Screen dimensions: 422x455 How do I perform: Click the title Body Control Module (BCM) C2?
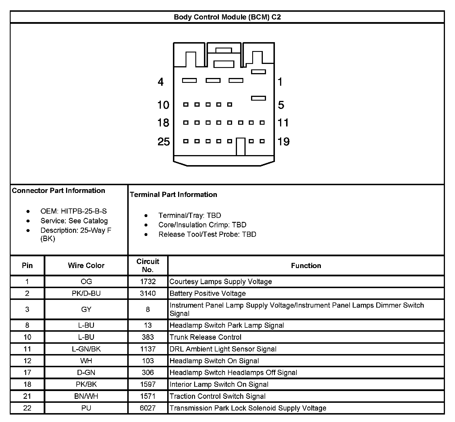[227, 17]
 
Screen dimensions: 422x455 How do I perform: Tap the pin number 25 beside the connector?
[164, 142]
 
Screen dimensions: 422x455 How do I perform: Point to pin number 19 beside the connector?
[284, 142]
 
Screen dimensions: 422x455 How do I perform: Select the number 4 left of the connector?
[161, 82]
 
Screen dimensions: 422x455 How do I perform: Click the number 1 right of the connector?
[280, 82]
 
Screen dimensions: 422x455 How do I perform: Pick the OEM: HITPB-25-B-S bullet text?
[74, 211]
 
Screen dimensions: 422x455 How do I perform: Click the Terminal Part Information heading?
[173, 195]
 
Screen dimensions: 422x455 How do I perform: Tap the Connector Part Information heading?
[59, 191]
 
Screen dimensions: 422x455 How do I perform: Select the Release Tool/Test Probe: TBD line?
[207, 235]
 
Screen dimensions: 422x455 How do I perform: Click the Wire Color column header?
[86, 265]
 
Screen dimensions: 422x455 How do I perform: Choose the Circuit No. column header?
[148, 265]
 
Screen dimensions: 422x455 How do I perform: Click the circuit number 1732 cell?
[148, 282]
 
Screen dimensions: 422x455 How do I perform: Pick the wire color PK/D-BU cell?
[86, 294]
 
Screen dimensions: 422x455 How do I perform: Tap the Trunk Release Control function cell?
[205, 337]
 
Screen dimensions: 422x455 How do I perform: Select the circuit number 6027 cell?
[148, 408]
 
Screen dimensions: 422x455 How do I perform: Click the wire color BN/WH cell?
[86, 396]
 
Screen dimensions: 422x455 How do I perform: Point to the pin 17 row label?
[27, 372]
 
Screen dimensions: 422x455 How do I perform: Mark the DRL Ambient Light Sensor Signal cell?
[223, 349]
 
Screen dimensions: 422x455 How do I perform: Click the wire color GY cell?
[86, 309]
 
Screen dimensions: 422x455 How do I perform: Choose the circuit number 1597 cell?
[148, 384]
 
